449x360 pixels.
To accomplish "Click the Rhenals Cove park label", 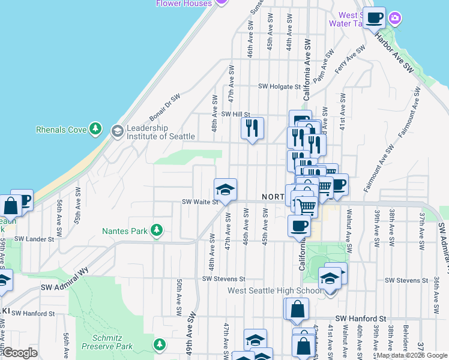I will pyautogui.click(x=61, y=129).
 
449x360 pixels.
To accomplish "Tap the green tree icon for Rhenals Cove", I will pyautogui.click(x=95, y=128).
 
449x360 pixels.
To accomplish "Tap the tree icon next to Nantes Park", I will pyautogui.click(x=157, y=229).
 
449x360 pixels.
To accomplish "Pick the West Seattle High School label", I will pyautogui.click(x=276, y=291).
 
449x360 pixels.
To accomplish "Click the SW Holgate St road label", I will pyautogui.click(x=279, y=86).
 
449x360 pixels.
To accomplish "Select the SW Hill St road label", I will pyautogui.click(x=235, y=114).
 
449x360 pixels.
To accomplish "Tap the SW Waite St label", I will pyautogui.click(x=199, y=202).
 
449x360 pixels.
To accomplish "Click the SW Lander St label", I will pyautogui.click(x=34, y=239).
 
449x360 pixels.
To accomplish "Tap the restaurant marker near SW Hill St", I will pyautogui.click(x=252, y=128).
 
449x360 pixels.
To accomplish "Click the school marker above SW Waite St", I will pyautogui.click(x=226, y=190).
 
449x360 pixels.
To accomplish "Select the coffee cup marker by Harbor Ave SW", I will pyautogui.click(x=374, y=17).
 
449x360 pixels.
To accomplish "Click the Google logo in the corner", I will pyautogui.click(x=20, y=353).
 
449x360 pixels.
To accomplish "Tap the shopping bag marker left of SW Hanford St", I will pyautogui.click(x=298, y=310).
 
